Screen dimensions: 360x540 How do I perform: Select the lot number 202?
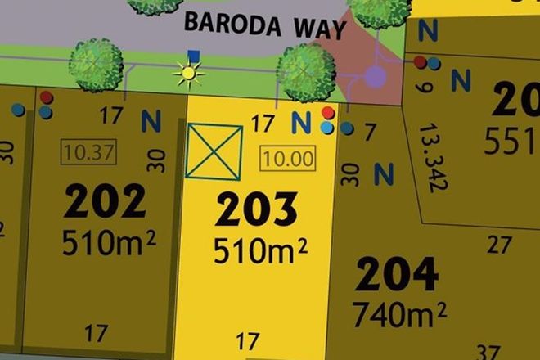pos(106,202)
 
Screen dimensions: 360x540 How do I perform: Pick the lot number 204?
pos(398,277)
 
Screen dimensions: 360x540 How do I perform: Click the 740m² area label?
pos(399,313)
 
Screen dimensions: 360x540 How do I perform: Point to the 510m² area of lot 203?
pos(261,250)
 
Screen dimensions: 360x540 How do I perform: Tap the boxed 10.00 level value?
pos(288,159)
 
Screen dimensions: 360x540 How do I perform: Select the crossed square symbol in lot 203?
pos(214,151)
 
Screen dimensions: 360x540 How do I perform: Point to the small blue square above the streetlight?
pos(193,56)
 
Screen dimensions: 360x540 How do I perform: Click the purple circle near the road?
pos(375,77)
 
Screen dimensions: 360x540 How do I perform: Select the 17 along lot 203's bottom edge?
pos(247,340)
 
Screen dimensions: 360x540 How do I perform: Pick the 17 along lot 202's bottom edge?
pos(97,332)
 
